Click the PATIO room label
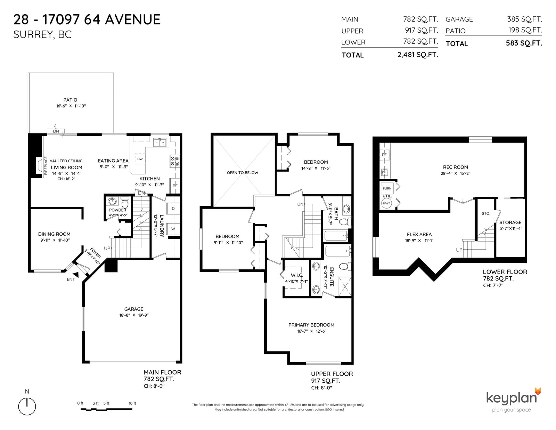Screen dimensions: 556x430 (70, 100)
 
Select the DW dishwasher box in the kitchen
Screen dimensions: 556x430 (140, 159)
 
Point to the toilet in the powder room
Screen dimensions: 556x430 (125, 204)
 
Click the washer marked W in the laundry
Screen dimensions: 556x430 (173, 229)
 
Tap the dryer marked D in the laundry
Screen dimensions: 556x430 (173, 209)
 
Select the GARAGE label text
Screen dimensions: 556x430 (133, 309)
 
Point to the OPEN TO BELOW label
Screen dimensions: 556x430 (243, 173)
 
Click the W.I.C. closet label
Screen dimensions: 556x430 (297, 275)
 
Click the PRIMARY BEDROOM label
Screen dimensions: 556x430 (311, 325)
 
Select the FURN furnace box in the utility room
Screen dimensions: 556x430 (387, 188)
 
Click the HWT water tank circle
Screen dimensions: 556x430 (386, 203)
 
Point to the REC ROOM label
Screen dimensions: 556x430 (456, 167)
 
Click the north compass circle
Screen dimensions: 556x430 (27, 406)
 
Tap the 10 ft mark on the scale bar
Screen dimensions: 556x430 (132, 404)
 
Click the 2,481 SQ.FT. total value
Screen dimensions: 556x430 (418, 55)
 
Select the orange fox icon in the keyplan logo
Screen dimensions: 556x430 (538, 391)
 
